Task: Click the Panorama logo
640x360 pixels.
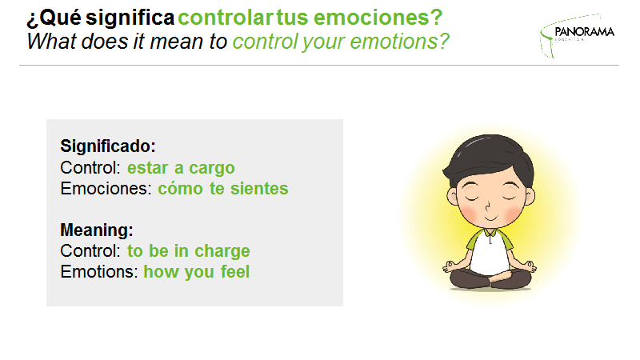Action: click(577, 35)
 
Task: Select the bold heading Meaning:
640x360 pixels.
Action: click(97, 230)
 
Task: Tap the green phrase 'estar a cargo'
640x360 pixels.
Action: click(181, 168)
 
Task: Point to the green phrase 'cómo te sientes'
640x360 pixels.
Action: click(223, 189)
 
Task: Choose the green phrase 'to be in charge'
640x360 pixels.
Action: click(189, 251)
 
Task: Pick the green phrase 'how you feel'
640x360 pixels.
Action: click(196, 272)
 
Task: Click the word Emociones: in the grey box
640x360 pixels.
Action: click(106, 189)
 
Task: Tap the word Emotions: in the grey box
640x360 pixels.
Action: click(99, 272)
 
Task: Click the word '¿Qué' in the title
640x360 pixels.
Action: click(54, 18)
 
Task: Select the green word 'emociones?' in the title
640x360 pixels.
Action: click(378, 18)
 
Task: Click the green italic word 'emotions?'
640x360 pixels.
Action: click(399, 42)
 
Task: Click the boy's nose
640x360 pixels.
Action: click(487, 206)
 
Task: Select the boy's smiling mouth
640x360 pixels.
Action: click(490, 218)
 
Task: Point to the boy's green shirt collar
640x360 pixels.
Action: click(490, 233)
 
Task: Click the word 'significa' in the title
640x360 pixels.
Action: click(130, 18)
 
